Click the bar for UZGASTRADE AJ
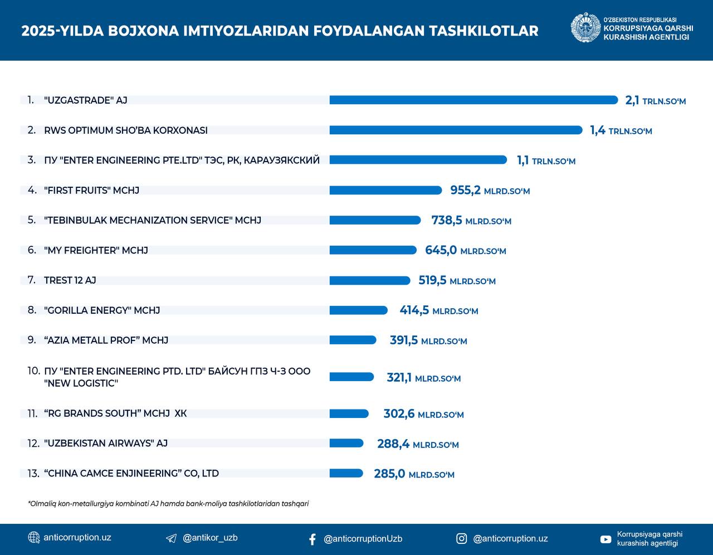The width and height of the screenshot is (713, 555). tap(473, 100)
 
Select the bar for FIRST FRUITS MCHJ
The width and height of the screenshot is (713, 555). tap(385, 191)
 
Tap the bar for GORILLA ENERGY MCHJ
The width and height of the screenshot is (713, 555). tap(358, 310)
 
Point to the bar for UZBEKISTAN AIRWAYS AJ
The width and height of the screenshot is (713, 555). tap(346, 444)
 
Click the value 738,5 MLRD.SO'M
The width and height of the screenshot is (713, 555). tap(471, 221)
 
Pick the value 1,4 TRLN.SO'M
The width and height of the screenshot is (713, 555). tap(621, 131)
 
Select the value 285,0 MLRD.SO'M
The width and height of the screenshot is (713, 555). tap(414, 474)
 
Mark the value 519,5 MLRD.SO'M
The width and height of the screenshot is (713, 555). tap(457, 281)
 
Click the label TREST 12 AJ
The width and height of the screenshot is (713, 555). tap(70, 280)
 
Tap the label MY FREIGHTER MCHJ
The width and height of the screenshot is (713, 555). tap(96, 250)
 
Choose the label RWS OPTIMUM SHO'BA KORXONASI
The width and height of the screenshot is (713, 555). tap(126, 130)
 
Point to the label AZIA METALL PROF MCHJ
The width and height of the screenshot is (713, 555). tap(106, 340)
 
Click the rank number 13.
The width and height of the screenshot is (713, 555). tap(33, 474)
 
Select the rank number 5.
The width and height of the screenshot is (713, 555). tap(32, 220)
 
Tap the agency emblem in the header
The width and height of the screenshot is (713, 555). tap(585, 28)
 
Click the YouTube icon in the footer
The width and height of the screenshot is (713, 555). tap(605, 539)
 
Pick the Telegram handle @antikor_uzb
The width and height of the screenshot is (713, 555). tap(210, 538)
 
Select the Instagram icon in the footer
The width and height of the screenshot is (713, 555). tap(461, 538)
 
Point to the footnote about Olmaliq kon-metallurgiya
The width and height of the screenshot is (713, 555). tap(168, 504)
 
